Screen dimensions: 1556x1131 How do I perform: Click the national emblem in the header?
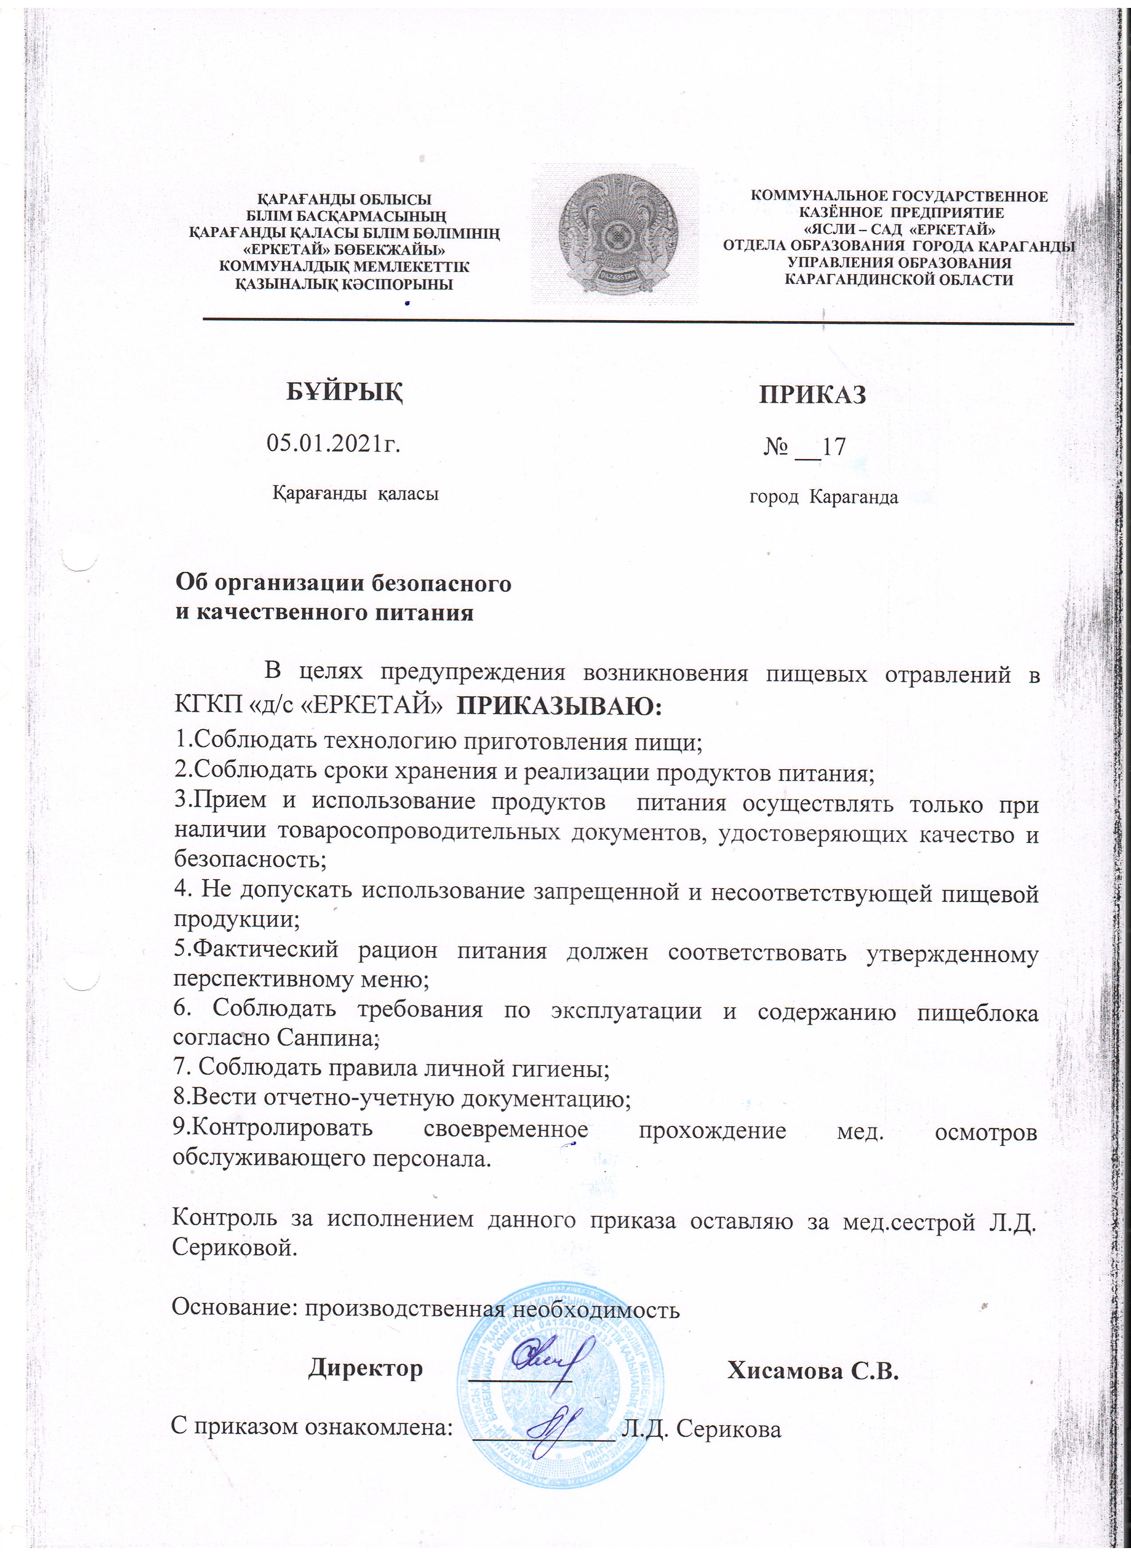[617, 233]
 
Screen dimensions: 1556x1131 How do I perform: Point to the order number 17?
[833, 447]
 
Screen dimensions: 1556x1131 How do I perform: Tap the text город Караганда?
[823, 497]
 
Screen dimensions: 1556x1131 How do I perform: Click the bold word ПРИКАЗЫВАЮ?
[559, 706]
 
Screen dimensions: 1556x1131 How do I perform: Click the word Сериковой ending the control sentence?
[235, 1246]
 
